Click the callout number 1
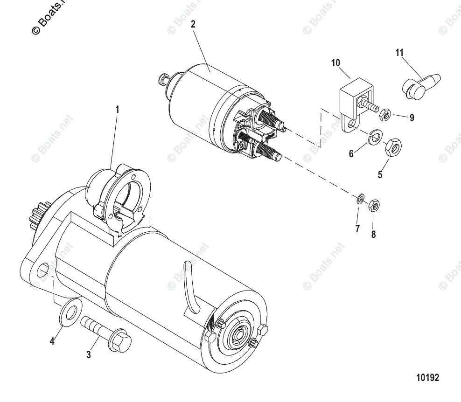pos(117,110)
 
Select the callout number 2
pos(193,25)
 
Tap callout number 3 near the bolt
pos(89,355)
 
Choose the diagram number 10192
pos(427,377)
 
